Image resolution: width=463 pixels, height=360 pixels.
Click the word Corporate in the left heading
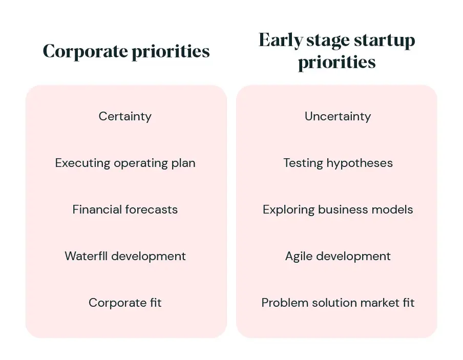(x=86, y=52)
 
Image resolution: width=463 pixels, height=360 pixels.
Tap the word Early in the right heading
(x=281, y=40)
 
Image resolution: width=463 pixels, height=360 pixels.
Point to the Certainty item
(x=125, y=116)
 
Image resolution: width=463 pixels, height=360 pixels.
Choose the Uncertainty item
(x=338, y=116)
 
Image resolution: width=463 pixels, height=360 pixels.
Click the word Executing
(x=82, y=163)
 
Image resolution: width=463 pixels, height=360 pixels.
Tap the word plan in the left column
(x=183, y=163)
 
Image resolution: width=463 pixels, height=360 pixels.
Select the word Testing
(x=303, y=163)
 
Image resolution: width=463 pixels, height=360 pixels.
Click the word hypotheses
(x=360, y=163)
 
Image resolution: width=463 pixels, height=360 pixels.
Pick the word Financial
(x=97, y=209)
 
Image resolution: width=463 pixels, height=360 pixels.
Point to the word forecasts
(x=152, y=209)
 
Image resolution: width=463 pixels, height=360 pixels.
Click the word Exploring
(x=288, y=209)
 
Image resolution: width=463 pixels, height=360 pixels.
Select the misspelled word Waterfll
(x=86, y=256)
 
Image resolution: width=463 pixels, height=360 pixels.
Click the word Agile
(x=299, y=257)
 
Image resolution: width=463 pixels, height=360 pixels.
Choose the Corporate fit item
(x=125, y=303)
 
